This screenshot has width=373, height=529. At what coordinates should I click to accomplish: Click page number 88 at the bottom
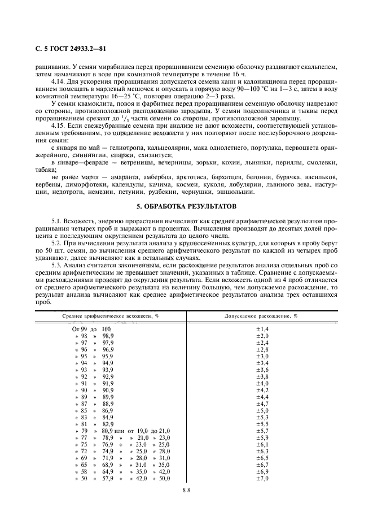pyautogui.click(x=186, y=491)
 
